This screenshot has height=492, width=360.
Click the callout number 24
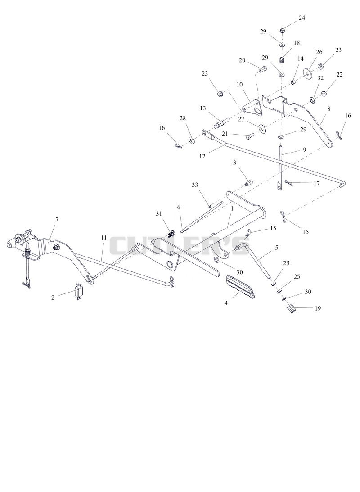click(301, 18)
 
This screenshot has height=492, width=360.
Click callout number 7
click(57, 219)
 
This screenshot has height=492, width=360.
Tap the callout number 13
click(203, 108)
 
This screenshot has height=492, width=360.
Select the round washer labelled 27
click(261, 128)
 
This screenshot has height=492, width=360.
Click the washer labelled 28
click(192, 139)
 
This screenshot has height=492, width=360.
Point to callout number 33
click(195, 185)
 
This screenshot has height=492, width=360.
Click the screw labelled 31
click(171, 234)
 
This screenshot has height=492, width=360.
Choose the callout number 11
click(103, 238)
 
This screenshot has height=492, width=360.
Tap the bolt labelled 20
click(262, 69)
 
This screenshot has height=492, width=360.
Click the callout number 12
click(202, 156)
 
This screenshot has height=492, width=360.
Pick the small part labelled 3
click(249, 182)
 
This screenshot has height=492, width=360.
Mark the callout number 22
click(339, 74)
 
